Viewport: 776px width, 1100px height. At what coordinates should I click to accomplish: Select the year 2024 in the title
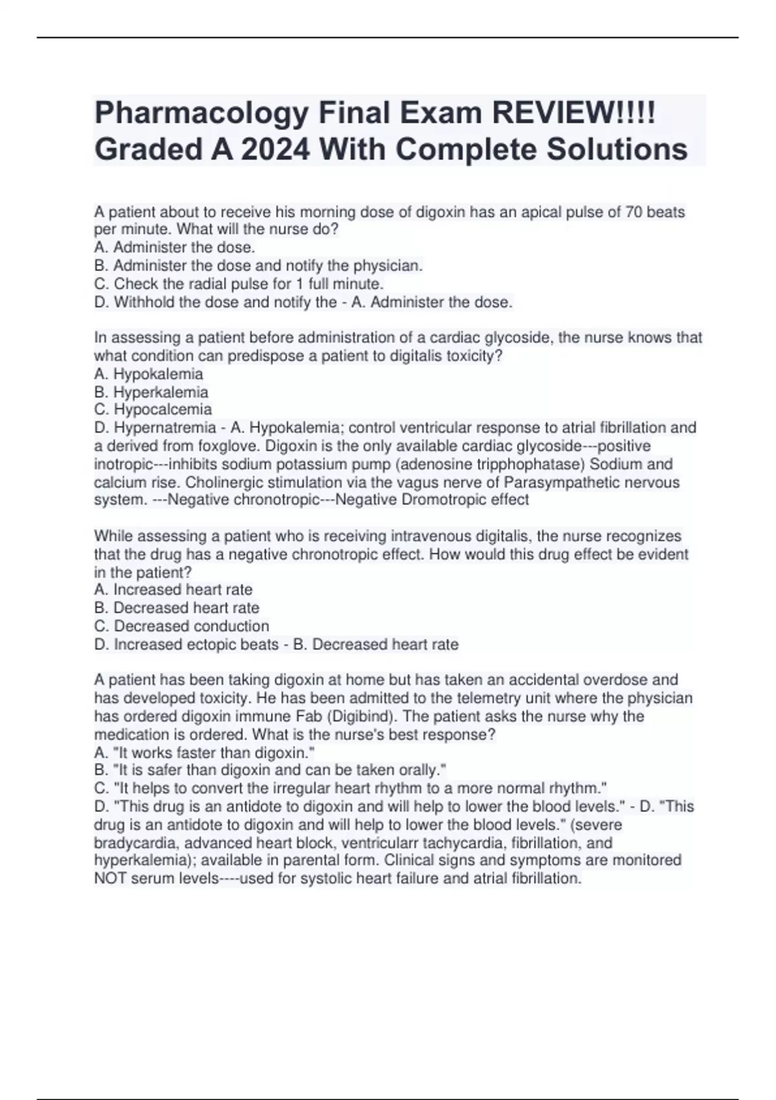pyautogui.click(x=275, y=149)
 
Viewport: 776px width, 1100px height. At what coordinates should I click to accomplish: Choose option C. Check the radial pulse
pyautogui.click(x=239, y=283)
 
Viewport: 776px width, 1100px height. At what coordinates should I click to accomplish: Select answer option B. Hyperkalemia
pyautogui.click(x=151, y=392)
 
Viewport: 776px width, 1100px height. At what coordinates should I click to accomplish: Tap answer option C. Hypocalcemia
pyautogui.click(x=153, y=410)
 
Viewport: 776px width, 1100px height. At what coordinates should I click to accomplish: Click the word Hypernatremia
pyautogui.click(x=165, y=428)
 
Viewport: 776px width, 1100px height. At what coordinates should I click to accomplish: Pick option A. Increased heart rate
pyautogui.click(x=173, y=589)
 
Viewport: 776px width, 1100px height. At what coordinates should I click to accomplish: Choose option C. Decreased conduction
pyautogui.click(x=182, y=626)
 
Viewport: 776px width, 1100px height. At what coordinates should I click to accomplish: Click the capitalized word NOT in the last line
pyautogui.click(x=111, y=878)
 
